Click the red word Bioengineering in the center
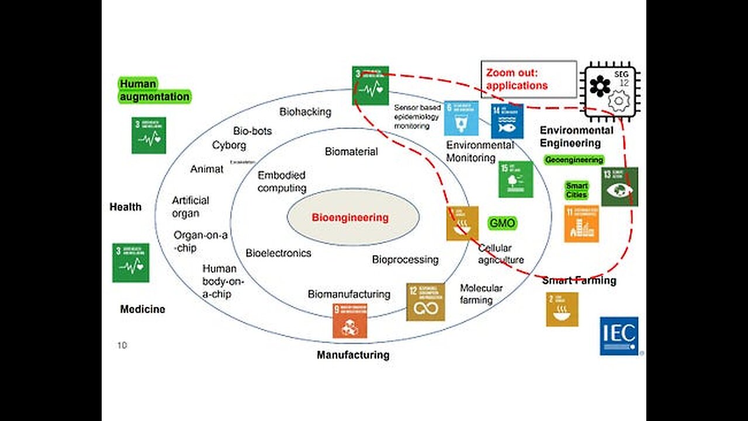pyautogui.click(x=350, y=218)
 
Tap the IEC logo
pyautogui.click(x=619, y=336)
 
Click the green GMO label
pyautogui.click(x=502, y=223)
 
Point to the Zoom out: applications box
pyautogui.click(x=528, y=79)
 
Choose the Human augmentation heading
pyautogui.click(x=154, y=91)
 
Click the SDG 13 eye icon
pyautogui.click(x=619, y=187)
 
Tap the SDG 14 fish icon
pyautogui.click(x=507, y=120)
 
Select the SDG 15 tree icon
pyautogui.click(x=515, y=179)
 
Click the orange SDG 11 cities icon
pyautogui.click(x=581, y=223)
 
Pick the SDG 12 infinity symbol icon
pyautogui.click(x=425, y=302)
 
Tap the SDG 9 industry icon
pyautogui.click(x=350, y=320)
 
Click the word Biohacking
pyautogui.click(x=305, y=112)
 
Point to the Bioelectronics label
pyautogui.click(x=278, y=253)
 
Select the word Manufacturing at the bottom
pyautogui.click(x=353, y=354)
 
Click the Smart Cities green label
pyautogui.click(x=576, y=190)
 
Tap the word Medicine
pyautogui.click(x=143, y=309)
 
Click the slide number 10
pyautogui.click(x=122, y=345)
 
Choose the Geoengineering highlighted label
pyautogui.click(x=573, y=160)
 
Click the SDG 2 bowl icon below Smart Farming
pyautogui.click(x=562, y=309)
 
